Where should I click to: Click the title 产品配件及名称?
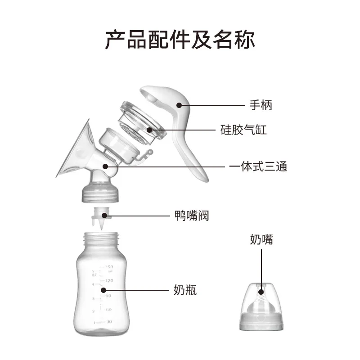point(180,39)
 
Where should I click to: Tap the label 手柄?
point(261,105)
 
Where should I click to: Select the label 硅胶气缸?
point(243,130)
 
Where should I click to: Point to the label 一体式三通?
point(258,166)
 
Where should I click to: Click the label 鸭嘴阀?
point(192,216)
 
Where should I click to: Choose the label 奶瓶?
point(185,290)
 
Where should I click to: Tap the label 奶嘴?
point(261,239)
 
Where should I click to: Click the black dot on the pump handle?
point(179,105)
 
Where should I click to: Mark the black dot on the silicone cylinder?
point(149,130)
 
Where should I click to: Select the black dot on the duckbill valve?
point(104,216)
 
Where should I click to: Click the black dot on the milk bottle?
point(103,290)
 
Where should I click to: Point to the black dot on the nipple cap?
point(261,292)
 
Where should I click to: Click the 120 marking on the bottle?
point(109,280)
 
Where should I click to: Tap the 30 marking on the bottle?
point(109,322)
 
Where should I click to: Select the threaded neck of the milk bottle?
point(101,239)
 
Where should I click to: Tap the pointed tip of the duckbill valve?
point(101,229)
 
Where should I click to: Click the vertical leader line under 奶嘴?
point(261,270)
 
